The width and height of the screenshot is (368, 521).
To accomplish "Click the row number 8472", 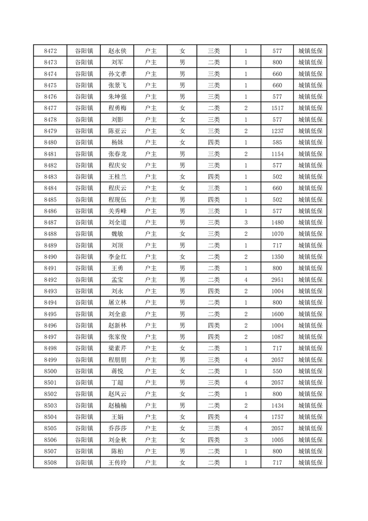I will click(50, 51).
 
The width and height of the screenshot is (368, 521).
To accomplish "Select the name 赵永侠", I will click(117, 51).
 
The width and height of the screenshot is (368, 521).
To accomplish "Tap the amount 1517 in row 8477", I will click(277, 108).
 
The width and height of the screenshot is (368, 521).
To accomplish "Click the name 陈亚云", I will click(117, 131).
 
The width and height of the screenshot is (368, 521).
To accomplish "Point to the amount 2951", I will click(277, 280).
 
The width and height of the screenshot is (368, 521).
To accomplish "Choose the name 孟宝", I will click(117, 280).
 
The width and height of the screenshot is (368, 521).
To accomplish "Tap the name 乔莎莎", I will click(117, 429).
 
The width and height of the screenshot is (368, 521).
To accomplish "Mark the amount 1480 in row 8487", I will click(277, 223).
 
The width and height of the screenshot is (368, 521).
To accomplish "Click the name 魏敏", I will click(117, 234).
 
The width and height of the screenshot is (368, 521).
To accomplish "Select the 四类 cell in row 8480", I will click(213, 143).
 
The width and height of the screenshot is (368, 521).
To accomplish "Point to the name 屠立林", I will click(117, 303).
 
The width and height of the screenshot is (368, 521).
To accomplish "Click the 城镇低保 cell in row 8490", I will click(310, 257).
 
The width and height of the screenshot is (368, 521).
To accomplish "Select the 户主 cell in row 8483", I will click(150, 177).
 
